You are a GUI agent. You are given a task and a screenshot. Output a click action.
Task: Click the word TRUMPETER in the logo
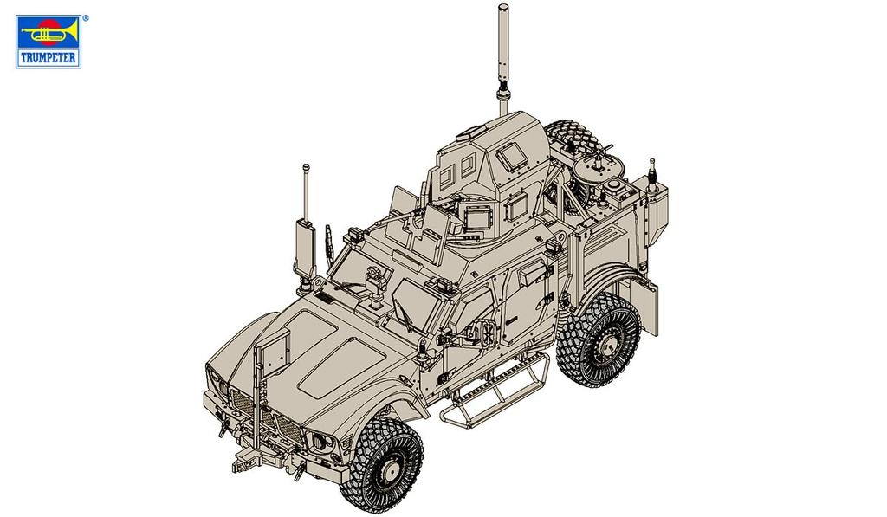(x=49, y=58)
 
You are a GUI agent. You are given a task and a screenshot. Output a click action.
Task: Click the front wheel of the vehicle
(x=382, y=462)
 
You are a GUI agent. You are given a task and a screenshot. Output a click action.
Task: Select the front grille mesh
(x=264, y=416)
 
